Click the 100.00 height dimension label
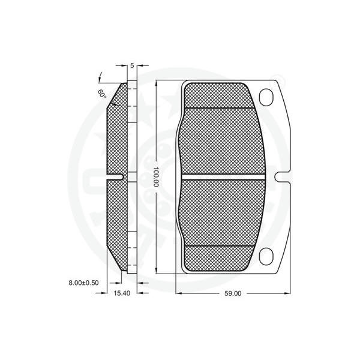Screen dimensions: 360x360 (156, 176)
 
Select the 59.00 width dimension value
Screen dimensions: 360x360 (233, 293)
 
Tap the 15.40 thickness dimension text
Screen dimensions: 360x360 (122, 293)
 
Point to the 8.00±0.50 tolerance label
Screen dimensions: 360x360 (83, 283)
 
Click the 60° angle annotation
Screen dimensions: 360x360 (102, 94)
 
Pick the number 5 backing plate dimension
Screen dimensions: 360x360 (132, 65)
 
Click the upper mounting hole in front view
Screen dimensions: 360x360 (266, 97)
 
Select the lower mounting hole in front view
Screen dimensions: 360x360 (266, 256)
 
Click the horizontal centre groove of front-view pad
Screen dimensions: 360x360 (223, 177)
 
